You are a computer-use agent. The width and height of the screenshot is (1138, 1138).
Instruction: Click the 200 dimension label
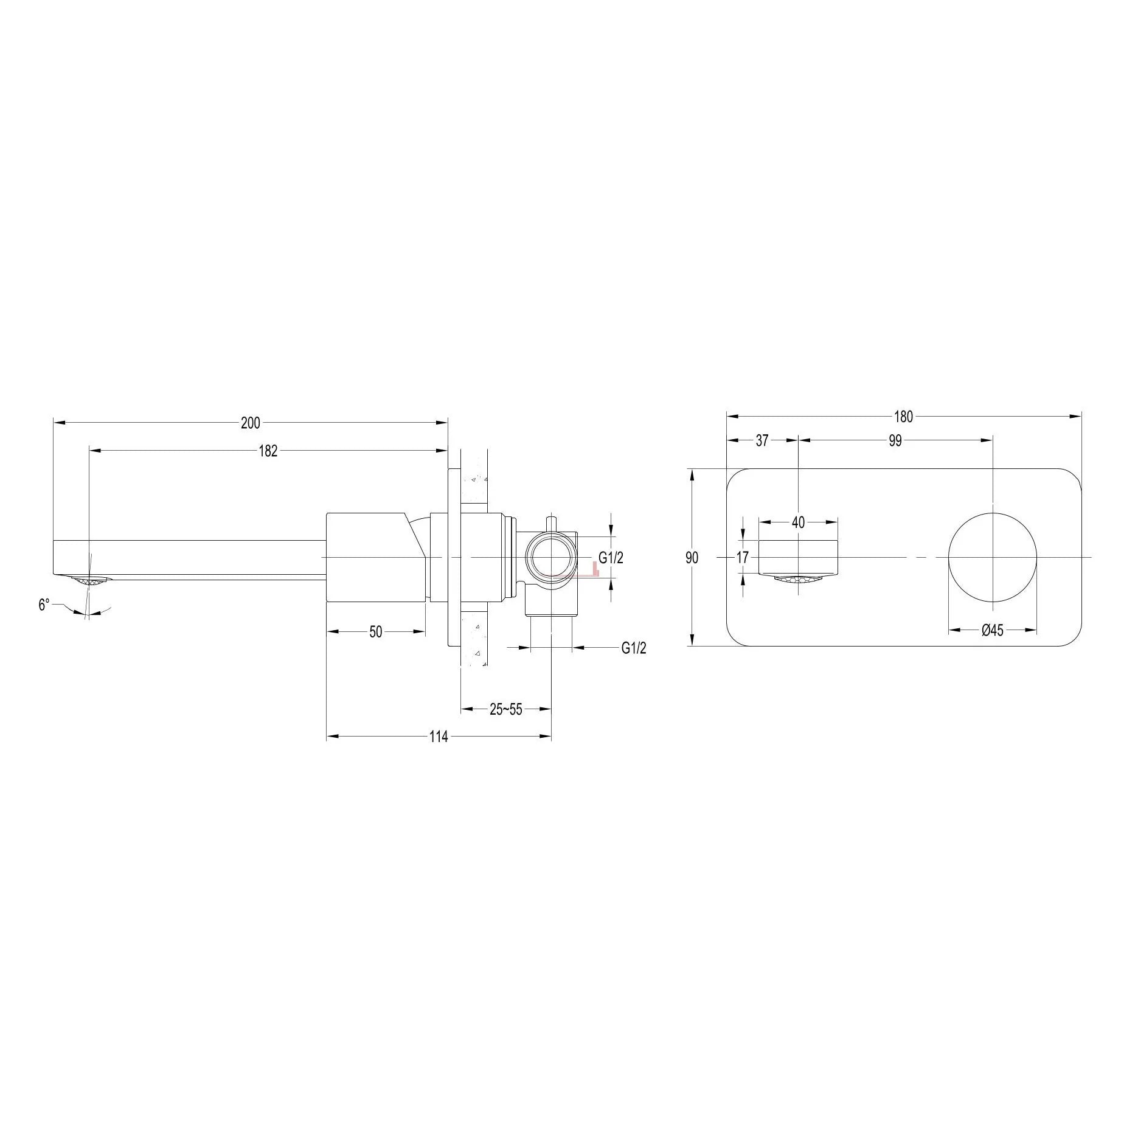(x=250, y=423)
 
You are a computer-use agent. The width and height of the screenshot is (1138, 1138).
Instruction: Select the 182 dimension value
(x=268, y=451)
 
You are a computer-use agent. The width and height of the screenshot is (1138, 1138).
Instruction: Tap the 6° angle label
(x=44, y=605)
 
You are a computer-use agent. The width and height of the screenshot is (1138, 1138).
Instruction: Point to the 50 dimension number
(x=376, y=632)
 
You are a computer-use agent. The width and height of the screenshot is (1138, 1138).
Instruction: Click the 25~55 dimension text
(x=506, y=709)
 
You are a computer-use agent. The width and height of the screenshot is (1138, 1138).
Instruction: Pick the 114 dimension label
(x=439, y=737)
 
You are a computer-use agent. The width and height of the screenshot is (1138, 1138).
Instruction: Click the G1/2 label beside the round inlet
(x=611, y=558)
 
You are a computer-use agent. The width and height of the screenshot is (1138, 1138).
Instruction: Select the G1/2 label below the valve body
(x=634, y=648)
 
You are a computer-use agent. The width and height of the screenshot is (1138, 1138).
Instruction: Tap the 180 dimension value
(x=903, y=417)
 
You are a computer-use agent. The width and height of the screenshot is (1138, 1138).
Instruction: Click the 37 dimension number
(x=762, y=441)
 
